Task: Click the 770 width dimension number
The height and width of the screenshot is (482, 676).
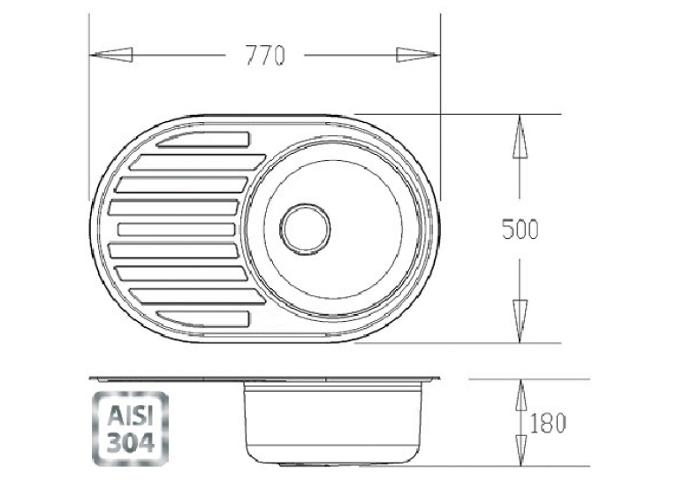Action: coord(265,55)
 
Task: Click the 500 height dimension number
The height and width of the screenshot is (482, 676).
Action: coord(520,229)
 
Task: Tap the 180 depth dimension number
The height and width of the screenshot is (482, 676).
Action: coord(547,423)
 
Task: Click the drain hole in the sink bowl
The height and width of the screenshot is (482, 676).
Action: coord(305,228)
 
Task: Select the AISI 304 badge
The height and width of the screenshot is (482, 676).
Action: coord(130,429)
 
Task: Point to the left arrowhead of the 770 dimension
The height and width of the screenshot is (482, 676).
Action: coord(110,55)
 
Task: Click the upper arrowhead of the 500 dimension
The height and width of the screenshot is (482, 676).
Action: coord(520,136)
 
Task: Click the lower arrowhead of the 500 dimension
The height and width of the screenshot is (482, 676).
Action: coord(520,321)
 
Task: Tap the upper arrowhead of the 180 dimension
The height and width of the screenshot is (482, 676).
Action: coord(521,394)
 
